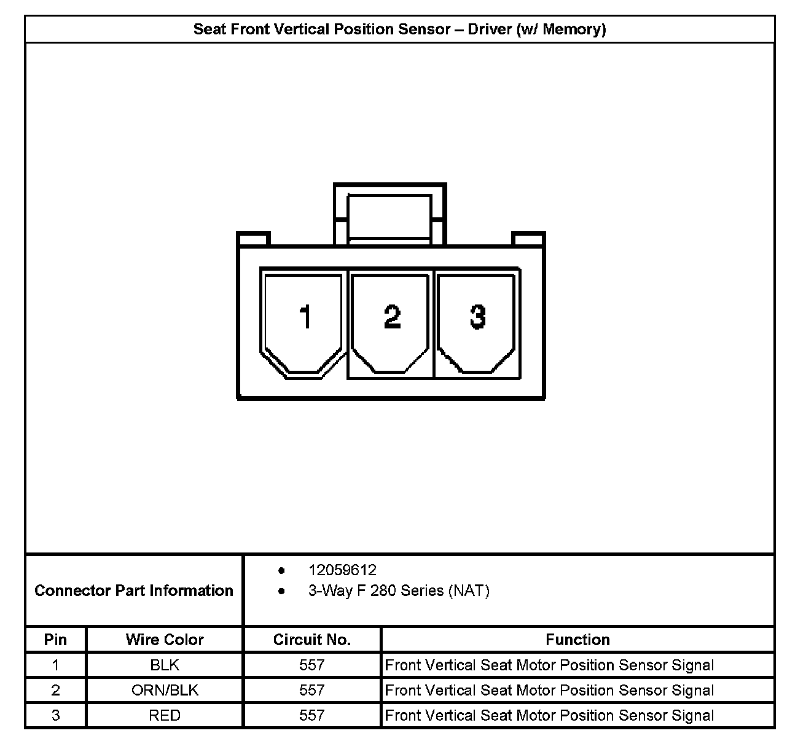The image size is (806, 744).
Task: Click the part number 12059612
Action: coord(342,570)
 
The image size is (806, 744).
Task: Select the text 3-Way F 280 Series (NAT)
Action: coord(399,591)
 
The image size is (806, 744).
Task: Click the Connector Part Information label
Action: coord(134,591)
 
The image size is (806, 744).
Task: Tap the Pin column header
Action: coord(55,640)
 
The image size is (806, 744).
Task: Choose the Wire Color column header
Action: coord(165,640)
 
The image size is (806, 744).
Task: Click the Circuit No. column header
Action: coord(312,640)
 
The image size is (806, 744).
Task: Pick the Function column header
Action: coord(577,640)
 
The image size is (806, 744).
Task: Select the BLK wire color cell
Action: coord(165,665)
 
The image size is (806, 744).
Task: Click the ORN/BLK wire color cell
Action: coord(165,690)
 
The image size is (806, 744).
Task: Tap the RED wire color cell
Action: coord(165,715)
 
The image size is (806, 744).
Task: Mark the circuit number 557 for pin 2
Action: coord(312,690)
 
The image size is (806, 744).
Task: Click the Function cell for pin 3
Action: coord(549,715)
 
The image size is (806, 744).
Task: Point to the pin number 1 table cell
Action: coord(55,665)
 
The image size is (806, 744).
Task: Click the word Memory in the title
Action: coord(574,29)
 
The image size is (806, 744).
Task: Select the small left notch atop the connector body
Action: coord(254,239)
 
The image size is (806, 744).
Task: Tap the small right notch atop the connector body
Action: coord(528,239)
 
